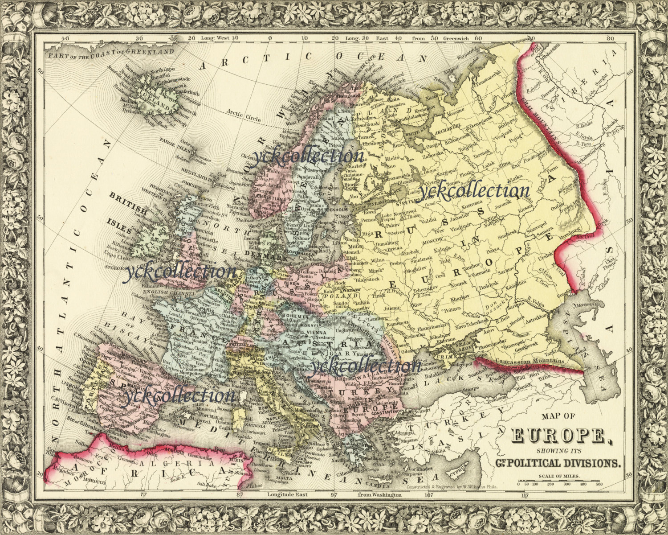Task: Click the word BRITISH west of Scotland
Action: [129, 209]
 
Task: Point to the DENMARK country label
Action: [275, 258]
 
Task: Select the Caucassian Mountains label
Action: [530, 361]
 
